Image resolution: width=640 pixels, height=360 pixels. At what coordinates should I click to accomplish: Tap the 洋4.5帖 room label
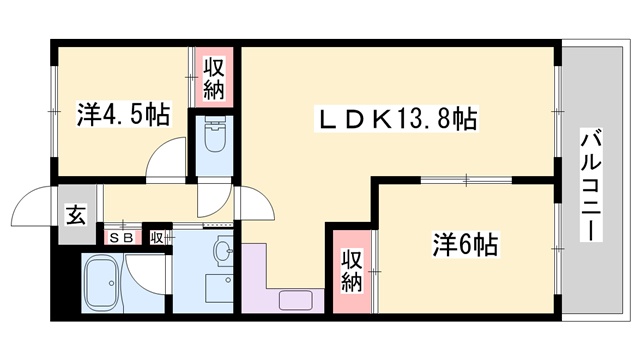(122, 115)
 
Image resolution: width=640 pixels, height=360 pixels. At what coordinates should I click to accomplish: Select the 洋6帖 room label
(465, 243)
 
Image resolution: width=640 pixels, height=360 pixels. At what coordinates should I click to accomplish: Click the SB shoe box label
(124, 238)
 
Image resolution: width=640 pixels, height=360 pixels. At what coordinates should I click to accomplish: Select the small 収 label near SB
(157, 238)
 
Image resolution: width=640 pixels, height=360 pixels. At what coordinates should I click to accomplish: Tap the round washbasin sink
(222, 250)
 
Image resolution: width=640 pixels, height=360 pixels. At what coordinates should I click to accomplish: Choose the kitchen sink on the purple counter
(296, 298)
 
